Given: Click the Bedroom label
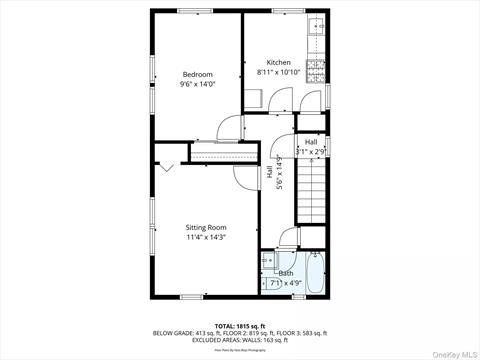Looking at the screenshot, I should pyautogui.click(x=197, y=74).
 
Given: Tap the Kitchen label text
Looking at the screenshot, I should pyautogui.click(x=279, y=62).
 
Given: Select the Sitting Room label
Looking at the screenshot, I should pyautogui.click(x=207, y=227).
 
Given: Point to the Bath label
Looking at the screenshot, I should pyautogui.click(x=286, y=273).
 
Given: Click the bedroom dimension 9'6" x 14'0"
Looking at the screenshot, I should pyautogui.click(x=197, y=84).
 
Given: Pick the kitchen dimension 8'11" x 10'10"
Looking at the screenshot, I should pyautogui.click(x=279, y=72).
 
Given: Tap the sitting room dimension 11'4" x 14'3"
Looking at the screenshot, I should pyautogui.click(x=207, y=237).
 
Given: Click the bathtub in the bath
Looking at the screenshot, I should pyautogui.click(x=316, y=272).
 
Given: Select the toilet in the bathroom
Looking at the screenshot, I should pyautogui.click(x=269, y=262).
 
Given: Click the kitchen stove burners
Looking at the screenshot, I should pyautogui.click(x=316, y=69).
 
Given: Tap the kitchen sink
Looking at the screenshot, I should pyautogui.click(x=316, y=28).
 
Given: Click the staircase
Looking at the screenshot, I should pyautogui.click(x=310, y=194).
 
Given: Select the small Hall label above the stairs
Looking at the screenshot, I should pyautogui.click(x=311, y=142).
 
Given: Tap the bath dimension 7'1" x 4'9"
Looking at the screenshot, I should pyautogui.click(x=286, y=283).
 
